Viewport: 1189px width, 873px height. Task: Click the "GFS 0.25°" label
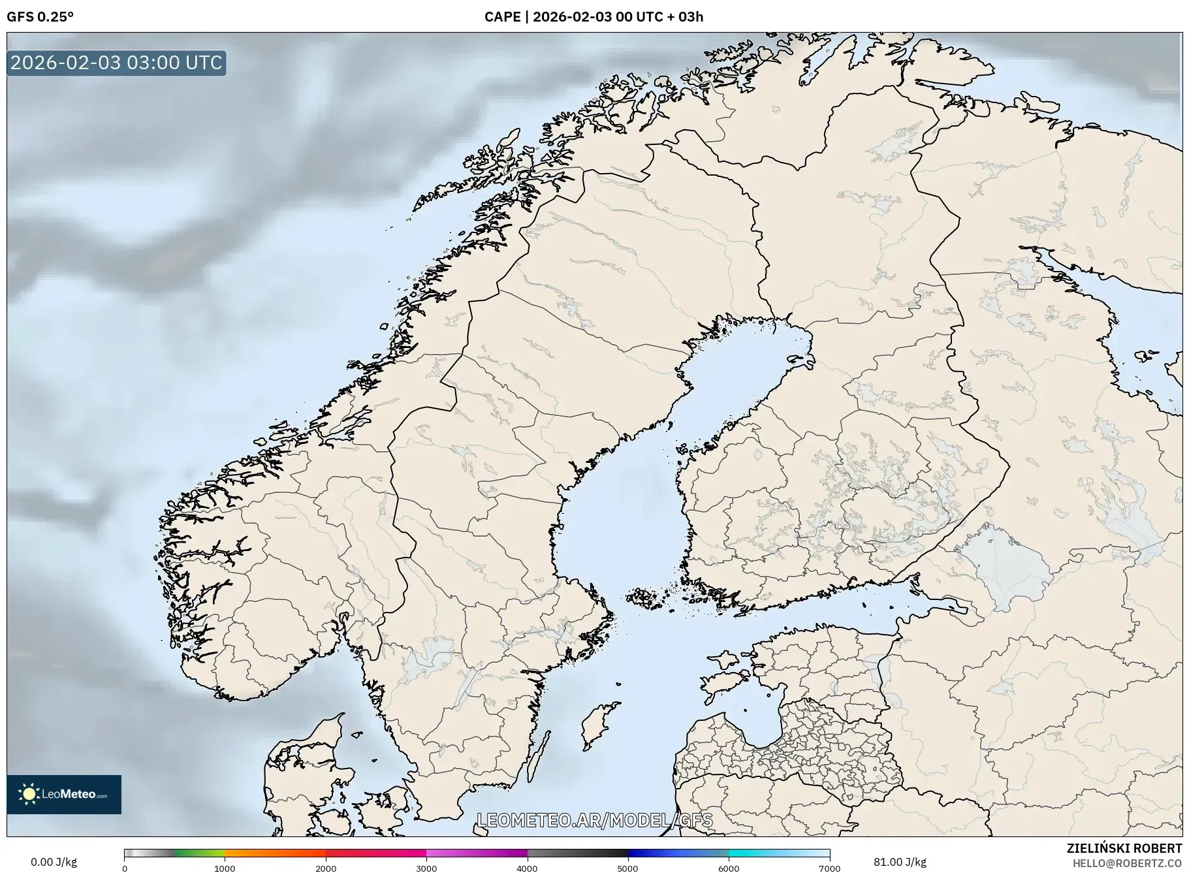pyautogui.click(x=40, y=17)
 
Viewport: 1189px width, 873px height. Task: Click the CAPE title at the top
pyautogui.click(x=594, y=17)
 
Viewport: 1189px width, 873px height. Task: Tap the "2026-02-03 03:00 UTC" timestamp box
pyautogui.click(x=116, y=63)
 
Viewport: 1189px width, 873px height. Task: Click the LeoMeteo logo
pyautogui.click(x=64, y=794)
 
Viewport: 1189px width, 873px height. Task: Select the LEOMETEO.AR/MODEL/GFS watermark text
pyautogui.click(x=595, y=820)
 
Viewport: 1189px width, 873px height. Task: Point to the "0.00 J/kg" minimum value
pyautogui.click(x=54, y=862)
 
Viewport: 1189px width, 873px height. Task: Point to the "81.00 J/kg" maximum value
pyautogui.click(x=900, y=862)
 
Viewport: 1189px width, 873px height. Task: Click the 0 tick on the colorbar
pyautogui.click(x=125, y=868)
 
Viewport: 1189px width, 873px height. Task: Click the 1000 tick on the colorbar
pyautogui.click(x=225, y=868)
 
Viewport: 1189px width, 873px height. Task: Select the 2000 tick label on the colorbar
pyautogui.click(x=326, y=868)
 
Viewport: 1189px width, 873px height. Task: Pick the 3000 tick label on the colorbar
pyautogui.click(x=426, y=868)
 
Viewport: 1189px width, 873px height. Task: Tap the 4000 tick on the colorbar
pyautogui.click(x=527, y=868)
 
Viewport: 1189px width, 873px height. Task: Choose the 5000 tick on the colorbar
pyautogui.click(x=628, y=868)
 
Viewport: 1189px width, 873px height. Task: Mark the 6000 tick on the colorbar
pyautogui.click(x=729, y=868)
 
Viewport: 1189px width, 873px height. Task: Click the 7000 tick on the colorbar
pyautogui.click(x=829, y=868)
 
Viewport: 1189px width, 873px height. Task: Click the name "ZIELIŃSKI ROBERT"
pyautogui.click(x=1124, y=848)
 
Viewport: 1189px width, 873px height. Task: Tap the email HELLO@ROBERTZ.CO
pyautogui.click(x=1126, y=863)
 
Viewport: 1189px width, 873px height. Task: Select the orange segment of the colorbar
pyautogui.click(x=274, y=853)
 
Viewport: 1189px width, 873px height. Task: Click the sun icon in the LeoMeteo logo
pyautogui.click(x=29, y=794)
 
